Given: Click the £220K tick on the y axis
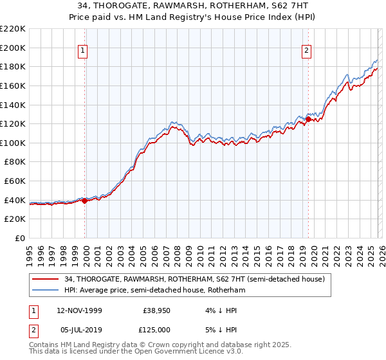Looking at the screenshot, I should click(x=13, y=29).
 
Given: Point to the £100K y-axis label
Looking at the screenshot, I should click(x=13, y=143).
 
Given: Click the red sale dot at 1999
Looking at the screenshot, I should click(x=84, y=201).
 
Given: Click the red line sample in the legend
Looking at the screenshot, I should click(x=46, y=279).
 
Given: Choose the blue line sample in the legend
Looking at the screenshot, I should click(x=46, y=290).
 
